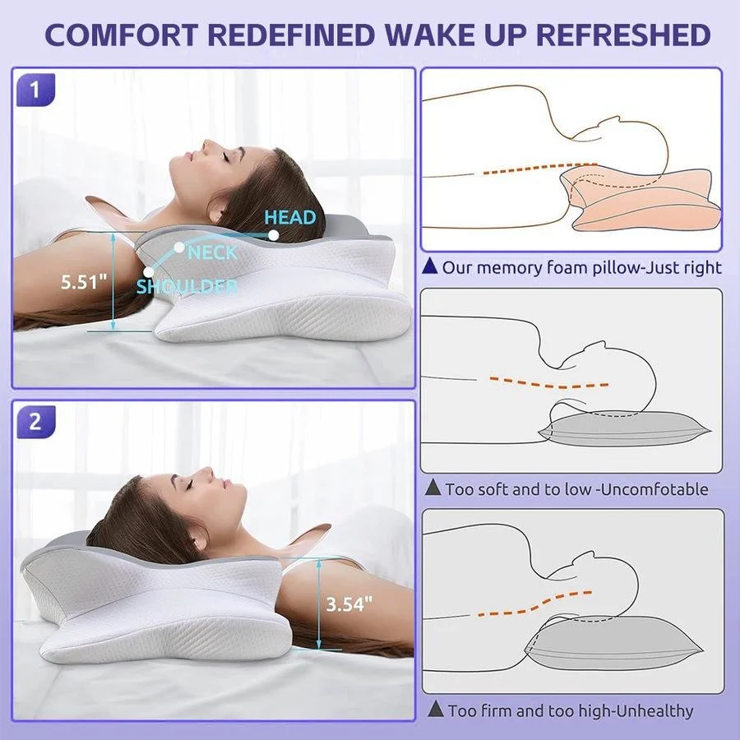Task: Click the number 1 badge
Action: (35, 89)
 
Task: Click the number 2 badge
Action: (35, 422)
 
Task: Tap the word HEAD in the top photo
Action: (289, 217)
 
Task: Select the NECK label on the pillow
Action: (212, 253)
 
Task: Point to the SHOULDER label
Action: (187, 286)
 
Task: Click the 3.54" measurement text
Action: (349, 604)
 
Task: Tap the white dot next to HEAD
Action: (273, 234)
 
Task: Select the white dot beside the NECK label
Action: (179, 247)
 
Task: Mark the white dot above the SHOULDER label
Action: (149, 272)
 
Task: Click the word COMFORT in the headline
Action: (123, 35)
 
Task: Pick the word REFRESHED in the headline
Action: (623, 35)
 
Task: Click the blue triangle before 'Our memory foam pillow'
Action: (429, 266)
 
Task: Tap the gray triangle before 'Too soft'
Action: (432, 488)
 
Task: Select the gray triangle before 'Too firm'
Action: (435, 709)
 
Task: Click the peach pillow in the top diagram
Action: (642, 201)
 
